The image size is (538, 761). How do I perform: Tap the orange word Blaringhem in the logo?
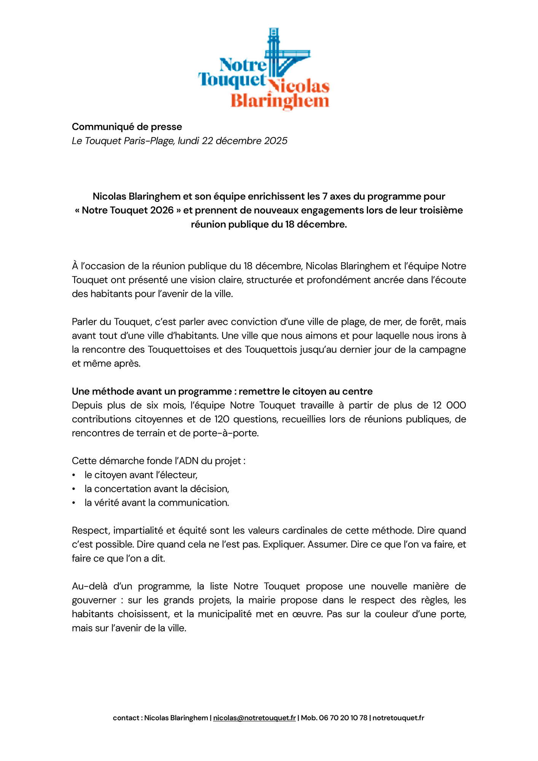point(280,101)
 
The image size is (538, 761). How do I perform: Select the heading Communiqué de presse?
point(127,127)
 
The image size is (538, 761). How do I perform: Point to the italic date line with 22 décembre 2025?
point(179,141)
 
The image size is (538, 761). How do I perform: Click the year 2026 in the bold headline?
point(162,210)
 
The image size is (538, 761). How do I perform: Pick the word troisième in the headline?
point(441,210)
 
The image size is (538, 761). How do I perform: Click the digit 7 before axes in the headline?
point(325,196)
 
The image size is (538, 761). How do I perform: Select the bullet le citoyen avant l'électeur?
point(141,475)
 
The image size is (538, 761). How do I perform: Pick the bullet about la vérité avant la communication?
point(157,503)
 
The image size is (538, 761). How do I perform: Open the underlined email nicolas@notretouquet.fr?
point(254,718)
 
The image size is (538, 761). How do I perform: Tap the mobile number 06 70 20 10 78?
point(343,718)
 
